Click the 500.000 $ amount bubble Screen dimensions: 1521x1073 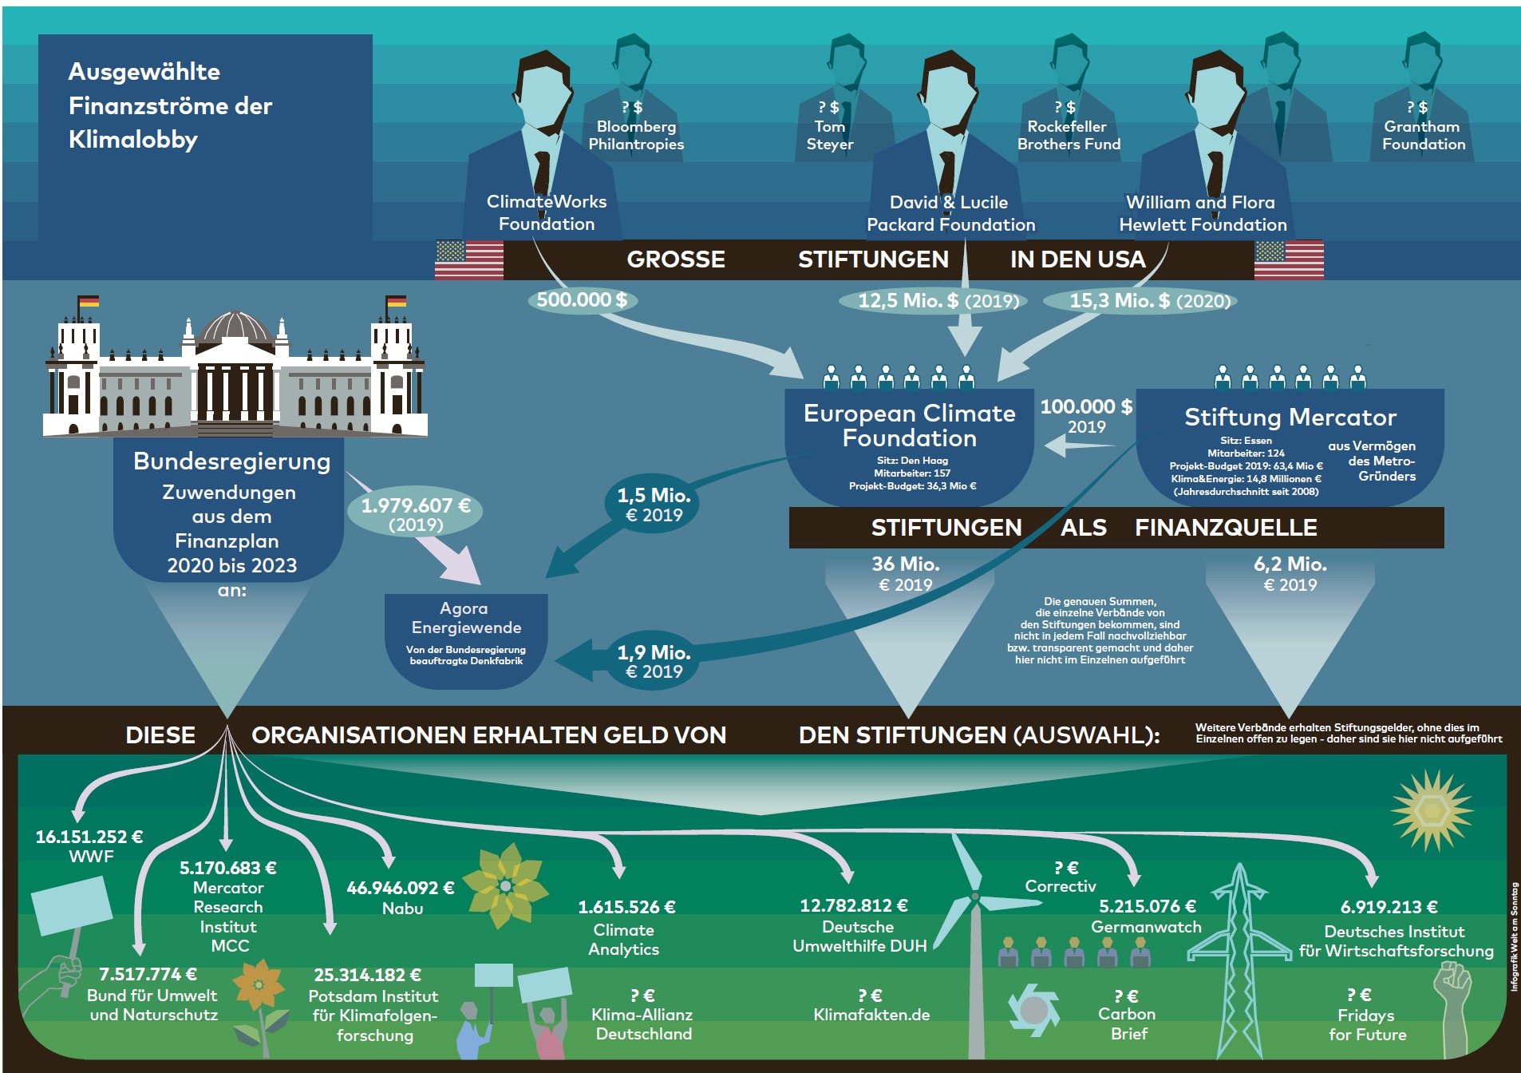tap(582, 300)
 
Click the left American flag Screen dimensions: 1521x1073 tap(469, 259)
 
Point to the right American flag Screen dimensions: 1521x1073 tap(1289, 259)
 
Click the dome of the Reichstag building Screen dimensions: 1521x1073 tap(235, 327)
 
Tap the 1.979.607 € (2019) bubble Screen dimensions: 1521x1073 tap(416, 514)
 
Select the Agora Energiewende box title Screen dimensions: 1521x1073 tap(466, 618)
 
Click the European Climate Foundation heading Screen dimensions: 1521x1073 tap(910, 426)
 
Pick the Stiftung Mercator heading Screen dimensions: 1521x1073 tap(1290, 417)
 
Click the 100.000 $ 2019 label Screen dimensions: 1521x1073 tap(1086, 416)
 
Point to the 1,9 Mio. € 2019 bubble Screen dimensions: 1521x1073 tap(654, 662)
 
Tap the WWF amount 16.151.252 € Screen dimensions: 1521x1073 tap(89, 837)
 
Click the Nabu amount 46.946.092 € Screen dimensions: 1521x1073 tap(401, 888)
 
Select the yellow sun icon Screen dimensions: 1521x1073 tap(1432, 810)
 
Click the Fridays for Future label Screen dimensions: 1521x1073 tap(1367, 1025)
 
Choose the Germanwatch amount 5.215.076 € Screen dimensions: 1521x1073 tap(1148, 906)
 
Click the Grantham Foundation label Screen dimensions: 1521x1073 tap(1424, 135)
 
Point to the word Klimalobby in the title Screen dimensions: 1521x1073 tap(133, 140)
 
